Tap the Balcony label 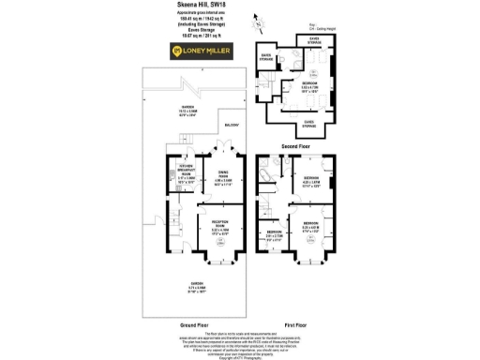[232, 126]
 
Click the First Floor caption [294, 325]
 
